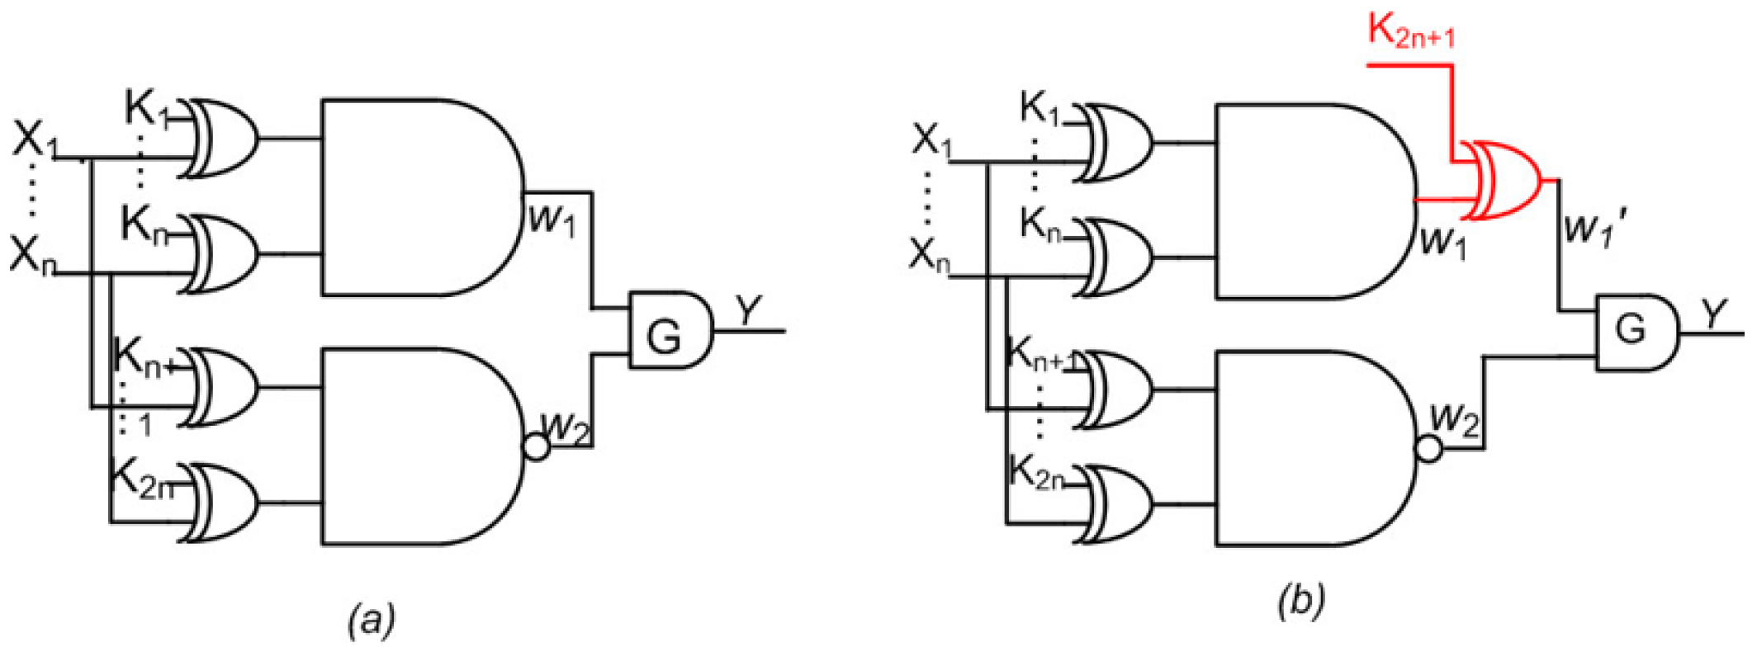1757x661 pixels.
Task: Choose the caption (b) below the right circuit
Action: tap(1302, 600)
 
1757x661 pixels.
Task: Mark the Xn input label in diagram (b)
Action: tap(929, 255)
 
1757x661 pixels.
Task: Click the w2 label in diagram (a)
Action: tap(566, 425)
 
